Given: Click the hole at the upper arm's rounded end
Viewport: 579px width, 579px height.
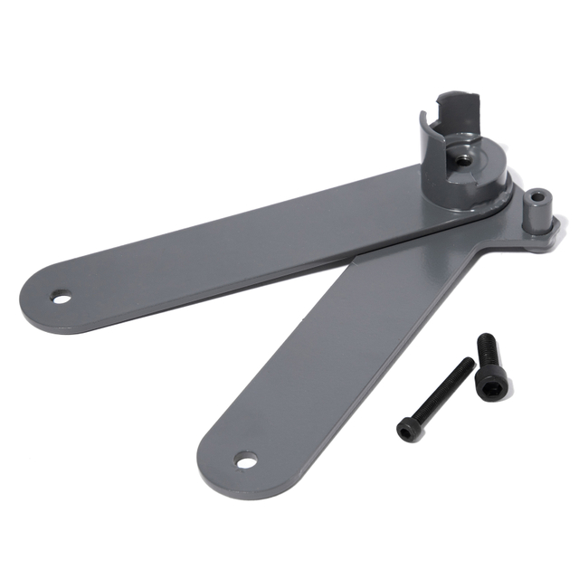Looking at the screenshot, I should click(x=62, y=297).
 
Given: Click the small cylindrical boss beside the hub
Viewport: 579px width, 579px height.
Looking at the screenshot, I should click(x=539, y=214).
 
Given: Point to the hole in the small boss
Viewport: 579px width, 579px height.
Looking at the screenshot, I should click(x=539, y=195).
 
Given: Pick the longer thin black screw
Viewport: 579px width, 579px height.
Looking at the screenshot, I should click(x=435, y=398).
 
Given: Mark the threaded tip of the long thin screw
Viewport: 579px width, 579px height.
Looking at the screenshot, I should click(x=468, y=363).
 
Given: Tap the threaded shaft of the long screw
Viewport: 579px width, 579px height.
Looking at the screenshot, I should click(x=443, y=389).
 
